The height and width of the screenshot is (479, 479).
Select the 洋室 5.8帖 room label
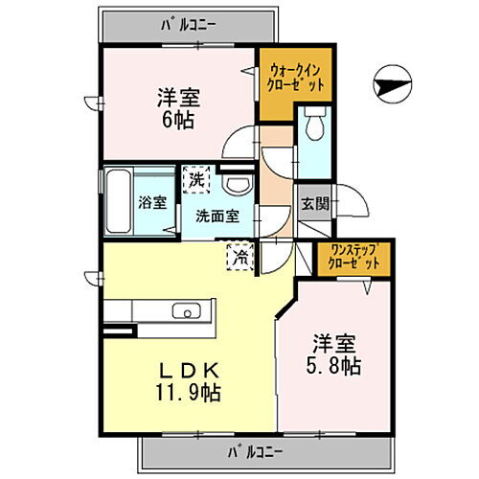click(x=334, y=354)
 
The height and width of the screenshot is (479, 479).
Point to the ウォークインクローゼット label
click(x=296, y=77)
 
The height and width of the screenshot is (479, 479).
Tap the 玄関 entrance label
click(x=313, y=202)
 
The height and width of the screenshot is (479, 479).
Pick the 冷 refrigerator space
click(x=241, y=256)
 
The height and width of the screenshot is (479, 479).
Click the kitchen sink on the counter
click(x=184, y=310)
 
